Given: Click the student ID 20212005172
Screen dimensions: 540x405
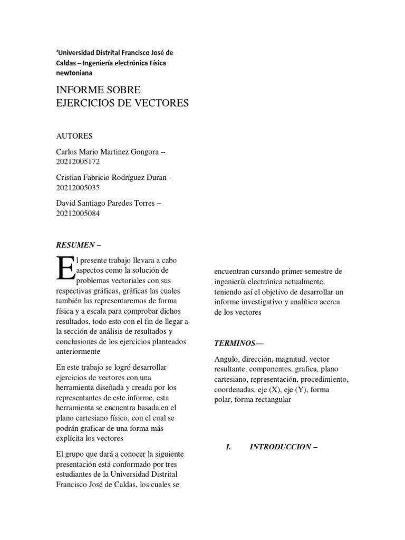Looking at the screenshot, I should click(78, 162).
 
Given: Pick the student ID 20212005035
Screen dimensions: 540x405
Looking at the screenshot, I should click(78, 188).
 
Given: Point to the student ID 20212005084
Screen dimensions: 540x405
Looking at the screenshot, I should click(78, 214).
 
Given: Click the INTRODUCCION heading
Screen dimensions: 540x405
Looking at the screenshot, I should click(280, 447).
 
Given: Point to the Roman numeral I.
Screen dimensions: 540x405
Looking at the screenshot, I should click(228, 447).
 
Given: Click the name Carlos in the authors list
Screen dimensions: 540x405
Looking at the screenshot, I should click(67, 152).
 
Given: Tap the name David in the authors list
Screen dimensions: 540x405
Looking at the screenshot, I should click(66, 204).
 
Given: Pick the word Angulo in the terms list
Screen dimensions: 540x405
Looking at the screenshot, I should click(226, 360).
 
